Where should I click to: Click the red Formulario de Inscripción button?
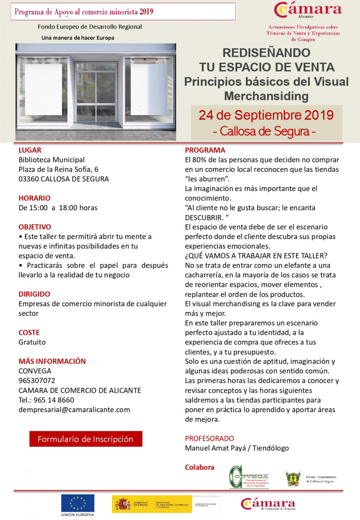coord(85,439)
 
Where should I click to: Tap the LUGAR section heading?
coord(30,150)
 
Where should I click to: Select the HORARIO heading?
coord(35,198)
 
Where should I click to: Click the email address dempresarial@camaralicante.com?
coord(74,409)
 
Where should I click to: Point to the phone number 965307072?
coord(37,380)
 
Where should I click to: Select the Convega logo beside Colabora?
coord(249,477)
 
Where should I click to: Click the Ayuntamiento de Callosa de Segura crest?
coord(293,478)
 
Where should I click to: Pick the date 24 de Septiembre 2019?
coord(266,115)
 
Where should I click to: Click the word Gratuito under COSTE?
coord(32,342)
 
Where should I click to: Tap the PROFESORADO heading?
coord(209,438)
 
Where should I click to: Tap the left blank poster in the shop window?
coord(44,89)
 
